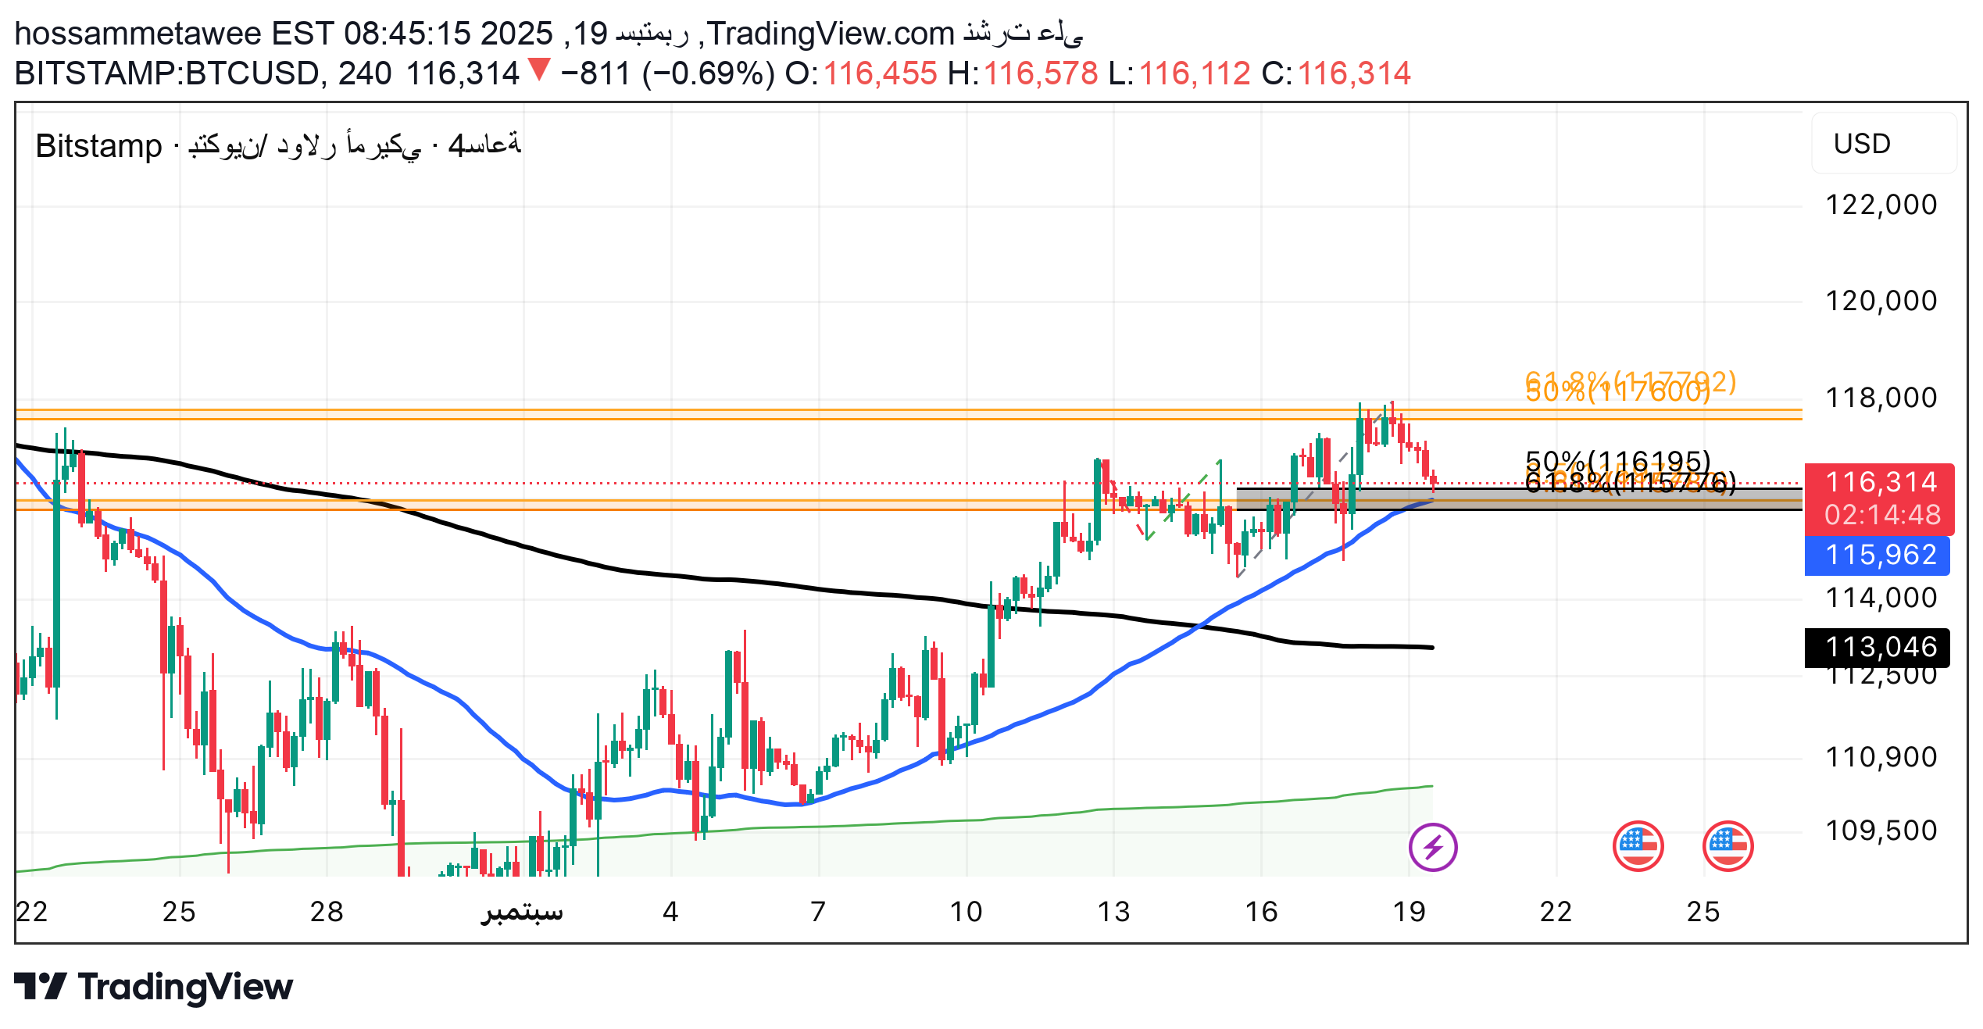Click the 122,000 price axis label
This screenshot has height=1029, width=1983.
click(1881, 205)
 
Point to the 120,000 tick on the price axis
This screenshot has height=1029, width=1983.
click(1881, 302)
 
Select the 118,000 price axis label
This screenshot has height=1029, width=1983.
click(1881, 398)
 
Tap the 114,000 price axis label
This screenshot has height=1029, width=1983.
click(1881, 598)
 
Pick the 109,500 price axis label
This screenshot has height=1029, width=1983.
click(1881, 831)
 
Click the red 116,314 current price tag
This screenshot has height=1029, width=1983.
click(1881, 483)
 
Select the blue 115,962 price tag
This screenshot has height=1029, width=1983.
click(1881, 556)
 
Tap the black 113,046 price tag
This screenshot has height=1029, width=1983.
click(1881, 648)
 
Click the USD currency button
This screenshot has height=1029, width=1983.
click(1863, 145)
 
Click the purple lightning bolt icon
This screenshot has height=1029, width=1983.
click(1433, 847)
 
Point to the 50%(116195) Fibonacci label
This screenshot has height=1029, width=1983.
click(1617, 461)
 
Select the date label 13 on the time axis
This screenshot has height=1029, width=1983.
click(1113, 912)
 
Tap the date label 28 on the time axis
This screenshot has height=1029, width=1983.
click(327, 912)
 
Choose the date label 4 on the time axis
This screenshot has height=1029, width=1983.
click(670, 912)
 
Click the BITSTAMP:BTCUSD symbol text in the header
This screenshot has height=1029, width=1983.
click(166, 74)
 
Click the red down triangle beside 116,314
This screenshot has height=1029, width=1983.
click(539, 70)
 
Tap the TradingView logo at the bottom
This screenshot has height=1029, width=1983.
click(154, 987)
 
